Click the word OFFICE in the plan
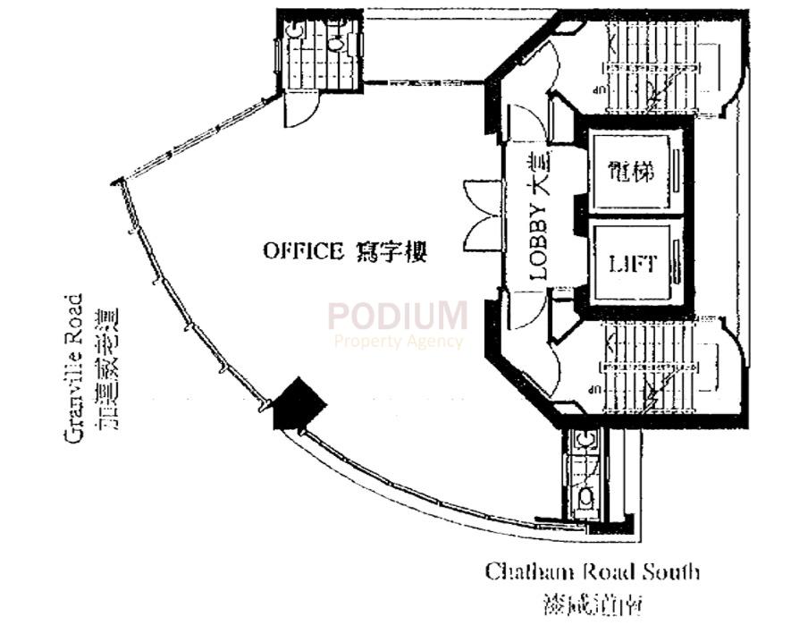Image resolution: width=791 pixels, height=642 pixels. click(303, 251)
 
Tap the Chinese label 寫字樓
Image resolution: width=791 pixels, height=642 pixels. click(392, 251)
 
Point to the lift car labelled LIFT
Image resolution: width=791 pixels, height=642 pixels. click(633, 265)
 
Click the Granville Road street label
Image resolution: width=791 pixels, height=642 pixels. click(75, 367)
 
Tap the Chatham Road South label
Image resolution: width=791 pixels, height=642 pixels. click(592, 571)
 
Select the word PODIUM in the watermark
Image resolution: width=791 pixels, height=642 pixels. click(397, 316)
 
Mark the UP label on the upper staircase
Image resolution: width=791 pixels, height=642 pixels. click(595, 89)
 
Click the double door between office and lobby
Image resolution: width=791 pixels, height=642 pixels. click(483, 220)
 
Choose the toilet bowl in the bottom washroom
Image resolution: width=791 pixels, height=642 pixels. click(585, 495)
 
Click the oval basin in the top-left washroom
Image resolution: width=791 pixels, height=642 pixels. click(335, 40)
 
